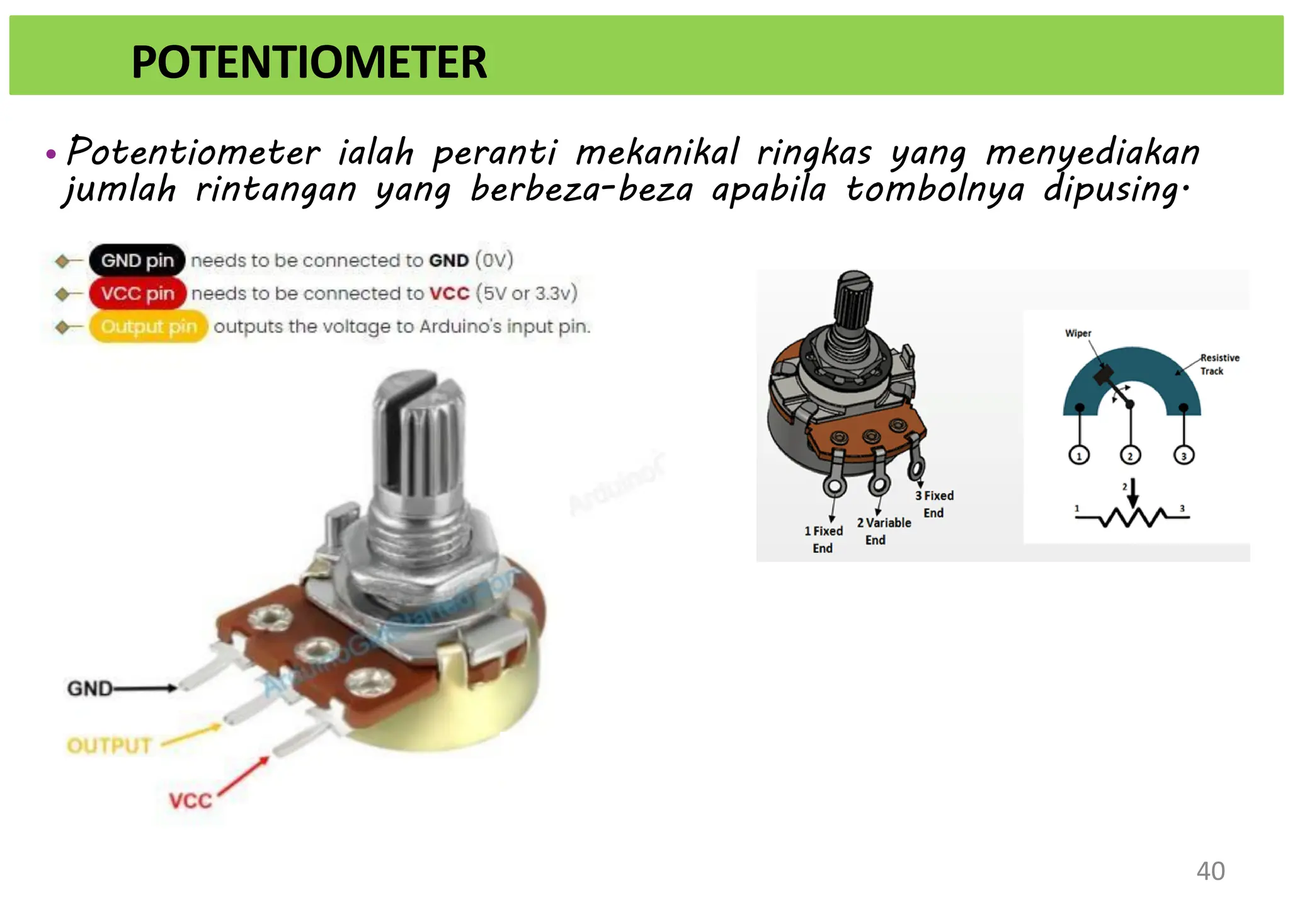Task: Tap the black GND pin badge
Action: pos(137,260)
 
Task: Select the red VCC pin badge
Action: pos(137,293)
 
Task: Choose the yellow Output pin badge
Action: pos(149,326)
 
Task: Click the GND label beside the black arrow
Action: pos(89,688)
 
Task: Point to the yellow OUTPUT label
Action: pos(109,746)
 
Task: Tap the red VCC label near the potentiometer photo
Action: pos(190,801)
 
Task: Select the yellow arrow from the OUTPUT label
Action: pos(191,736)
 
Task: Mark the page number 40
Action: pos(1210,871)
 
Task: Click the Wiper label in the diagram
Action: pos(1078,333)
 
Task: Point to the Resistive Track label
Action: pos(1219,364)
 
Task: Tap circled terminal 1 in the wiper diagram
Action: pos(1079,455)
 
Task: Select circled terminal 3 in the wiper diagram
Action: pos(1184,455)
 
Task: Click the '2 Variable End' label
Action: pos(883,531)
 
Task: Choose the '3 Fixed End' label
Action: pos(934,504)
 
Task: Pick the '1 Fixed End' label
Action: pos(823,539)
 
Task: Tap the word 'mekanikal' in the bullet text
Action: pos(657,152)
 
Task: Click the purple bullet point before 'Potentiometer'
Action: pos(51,154)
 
